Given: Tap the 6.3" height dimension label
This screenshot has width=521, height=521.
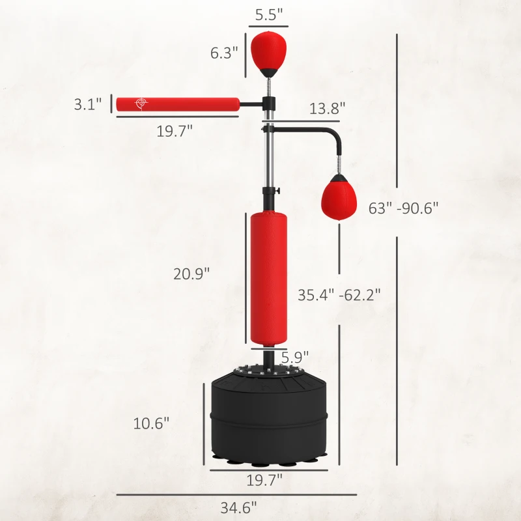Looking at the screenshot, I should point(224,53).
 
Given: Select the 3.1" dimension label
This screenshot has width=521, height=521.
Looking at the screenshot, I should point(88,104).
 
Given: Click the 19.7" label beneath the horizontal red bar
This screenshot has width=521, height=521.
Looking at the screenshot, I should point(175,131).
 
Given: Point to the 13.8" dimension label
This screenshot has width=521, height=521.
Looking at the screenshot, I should point(327,109).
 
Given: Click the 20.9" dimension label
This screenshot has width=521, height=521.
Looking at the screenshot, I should point(191,274).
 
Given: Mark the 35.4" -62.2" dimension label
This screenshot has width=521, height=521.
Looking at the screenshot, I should point(339,294).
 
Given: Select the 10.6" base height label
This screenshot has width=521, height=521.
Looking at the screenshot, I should point(151,423).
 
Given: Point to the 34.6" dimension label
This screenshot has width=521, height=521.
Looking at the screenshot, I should point(239,506).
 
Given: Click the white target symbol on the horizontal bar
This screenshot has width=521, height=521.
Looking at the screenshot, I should point(139,104).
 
